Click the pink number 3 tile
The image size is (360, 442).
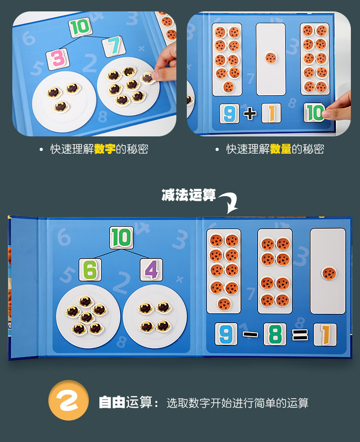coord(58,59)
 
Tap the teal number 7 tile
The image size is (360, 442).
coord(114,46)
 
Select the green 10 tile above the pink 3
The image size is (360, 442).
coord(80,27)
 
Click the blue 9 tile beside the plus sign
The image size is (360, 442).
coord(229,113)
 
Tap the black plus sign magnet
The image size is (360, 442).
coord(250,114)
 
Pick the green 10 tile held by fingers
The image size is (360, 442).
coord(314,113)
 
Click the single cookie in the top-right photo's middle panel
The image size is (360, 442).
coord(271,58)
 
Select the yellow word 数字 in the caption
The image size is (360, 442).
coord(105,149)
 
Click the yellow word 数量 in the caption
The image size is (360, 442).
coord(281,149)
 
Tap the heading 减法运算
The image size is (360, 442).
coord(189,195)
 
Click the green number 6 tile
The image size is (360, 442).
coord(90,270)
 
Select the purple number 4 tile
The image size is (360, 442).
coord(152,270)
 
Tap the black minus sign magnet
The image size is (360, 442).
coord(250,334)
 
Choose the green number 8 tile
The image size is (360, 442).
coord(275,334)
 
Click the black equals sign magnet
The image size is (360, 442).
coord(300,335)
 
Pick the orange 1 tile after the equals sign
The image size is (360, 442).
coord(325,335)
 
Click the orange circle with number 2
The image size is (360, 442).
coord(68,400)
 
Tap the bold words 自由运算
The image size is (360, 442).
coord(126,402)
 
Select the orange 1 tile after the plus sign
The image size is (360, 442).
coord(271,113)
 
